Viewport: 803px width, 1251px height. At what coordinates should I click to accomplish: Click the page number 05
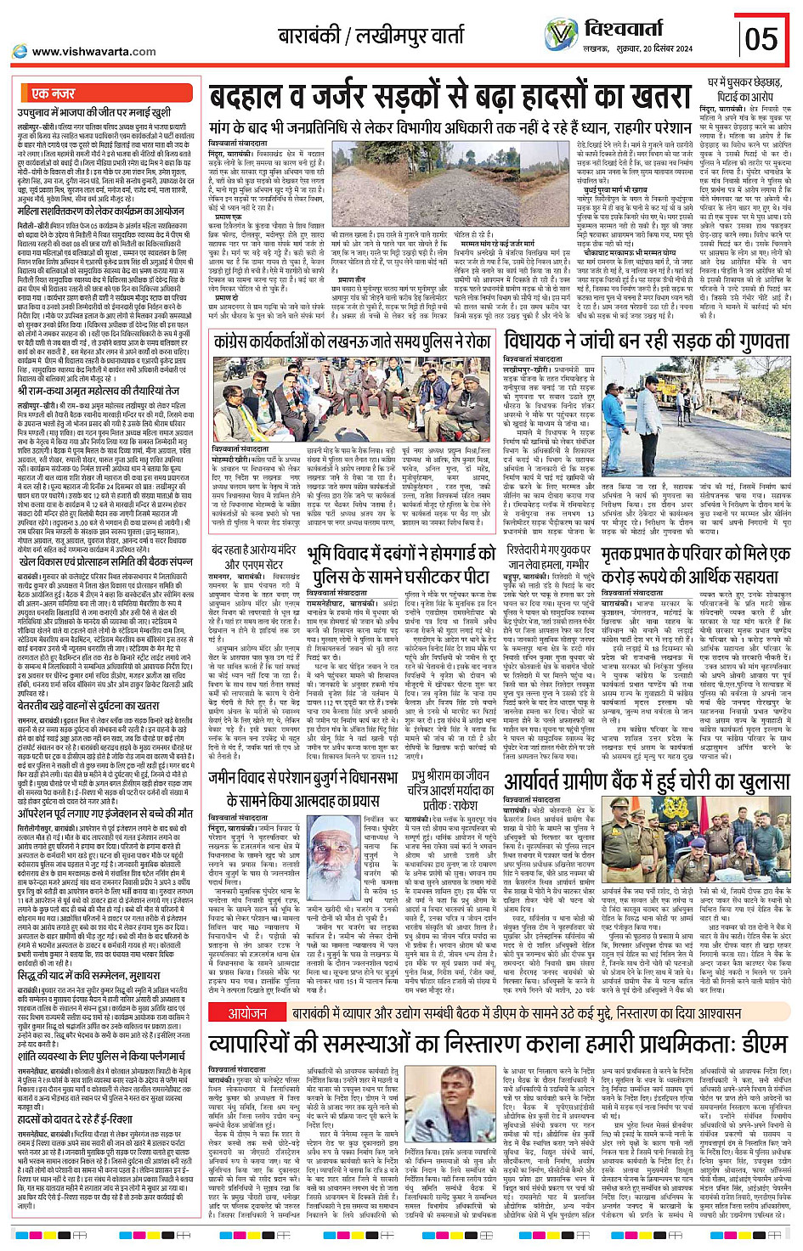pyautogui.click(x=761, y=39)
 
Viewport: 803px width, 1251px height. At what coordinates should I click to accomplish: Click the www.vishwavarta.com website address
pyautogui.click(x=93, y=52)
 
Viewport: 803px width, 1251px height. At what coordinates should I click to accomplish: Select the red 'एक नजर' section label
pyautogui.click(x=54, y=93)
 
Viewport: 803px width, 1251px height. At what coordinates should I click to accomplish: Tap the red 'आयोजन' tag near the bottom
pyautogui.click(x=246, y=989)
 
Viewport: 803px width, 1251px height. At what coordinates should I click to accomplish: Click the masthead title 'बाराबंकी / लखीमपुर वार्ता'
pyautogui.click(x=372, y=37)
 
